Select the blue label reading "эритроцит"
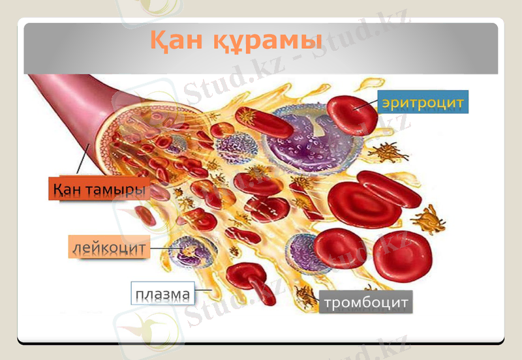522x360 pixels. pyautogui.click(x=423, y=102)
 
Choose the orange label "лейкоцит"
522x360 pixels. pyautogui.click(x=108, y=247)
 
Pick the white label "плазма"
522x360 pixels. pyautogui.click(x=162, y=295)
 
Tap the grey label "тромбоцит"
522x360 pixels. pyautogui.click(x=365, y=303)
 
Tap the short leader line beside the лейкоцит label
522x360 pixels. pyautogui.click(x=161, y=248)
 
